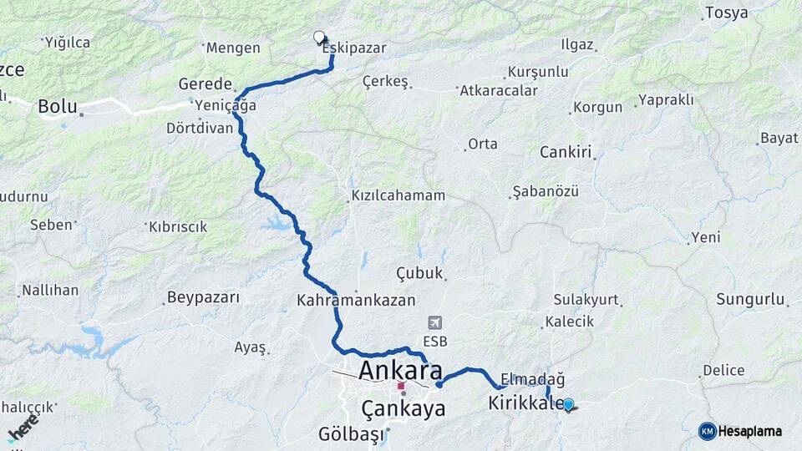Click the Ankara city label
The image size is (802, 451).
[400, 370]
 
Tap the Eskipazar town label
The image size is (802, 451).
[355, 48]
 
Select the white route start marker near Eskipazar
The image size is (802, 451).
[319, 37]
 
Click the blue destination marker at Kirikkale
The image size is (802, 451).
[568, 404]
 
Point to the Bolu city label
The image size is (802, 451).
[58, 107]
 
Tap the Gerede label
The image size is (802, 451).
[205, 84]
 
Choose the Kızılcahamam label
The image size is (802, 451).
[398, 195]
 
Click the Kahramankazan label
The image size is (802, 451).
[344, 298]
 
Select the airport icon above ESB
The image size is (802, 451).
[434, 322]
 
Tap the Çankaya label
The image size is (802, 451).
[404, 408]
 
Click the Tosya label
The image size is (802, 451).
[726, 13]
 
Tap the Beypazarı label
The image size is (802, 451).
[203, 297]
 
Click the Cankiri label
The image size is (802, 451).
[566, 152]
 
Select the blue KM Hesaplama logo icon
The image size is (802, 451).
[708, 431]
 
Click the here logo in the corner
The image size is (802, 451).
[23, 427]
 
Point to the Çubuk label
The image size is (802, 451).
[419, 273]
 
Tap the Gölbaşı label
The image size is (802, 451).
[351, 434]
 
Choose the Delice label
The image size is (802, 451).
[723, 370]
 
